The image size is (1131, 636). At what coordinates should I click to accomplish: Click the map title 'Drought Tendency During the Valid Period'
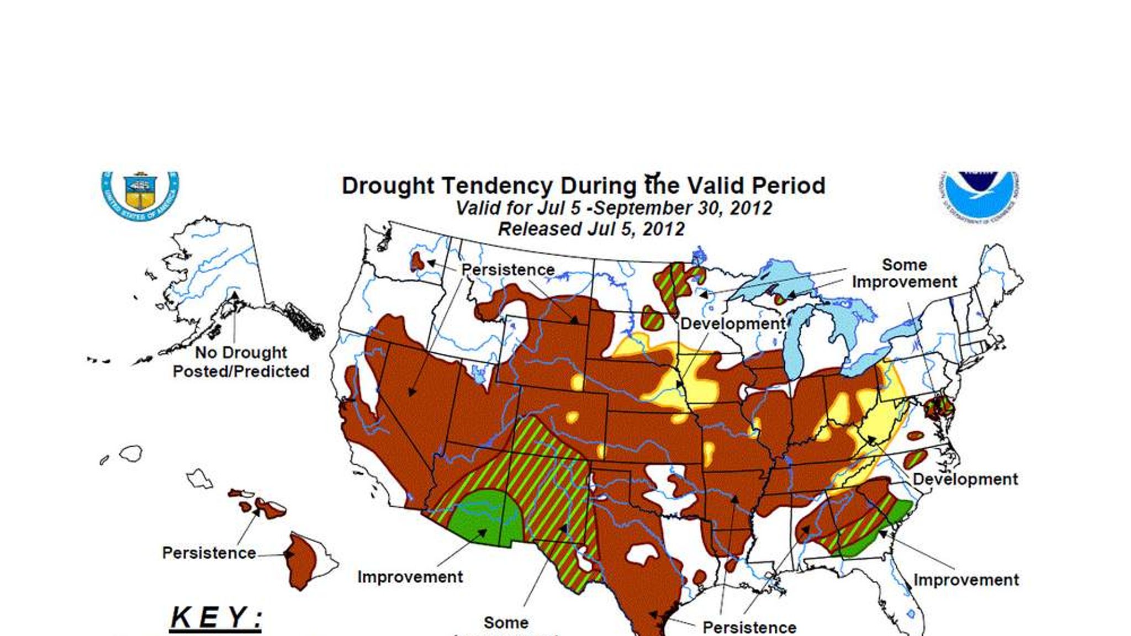[583, 185]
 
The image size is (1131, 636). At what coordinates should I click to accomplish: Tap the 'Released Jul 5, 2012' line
[591, 229]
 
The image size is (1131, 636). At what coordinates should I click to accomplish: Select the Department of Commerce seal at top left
[140, 194]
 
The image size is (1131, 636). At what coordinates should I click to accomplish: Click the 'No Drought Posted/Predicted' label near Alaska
[241, 362]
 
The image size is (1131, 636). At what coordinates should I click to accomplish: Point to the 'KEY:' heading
[216, 617]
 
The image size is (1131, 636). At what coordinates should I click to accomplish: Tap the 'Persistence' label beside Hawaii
[209, 553]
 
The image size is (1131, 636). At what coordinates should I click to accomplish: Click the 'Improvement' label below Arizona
[410, 577]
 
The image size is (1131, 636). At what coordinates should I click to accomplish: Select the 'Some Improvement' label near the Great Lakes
[904, 273]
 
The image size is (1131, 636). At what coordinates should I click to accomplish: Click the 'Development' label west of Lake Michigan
[732, 324]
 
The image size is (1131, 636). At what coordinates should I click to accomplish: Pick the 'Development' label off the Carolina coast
[965, 479]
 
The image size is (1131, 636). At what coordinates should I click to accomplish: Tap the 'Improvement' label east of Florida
[966, 580]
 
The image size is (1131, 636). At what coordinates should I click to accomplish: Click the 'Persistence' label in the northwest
[508, 270]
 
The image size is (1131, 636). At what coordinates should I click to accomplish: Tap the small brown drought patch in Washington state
[417, 261]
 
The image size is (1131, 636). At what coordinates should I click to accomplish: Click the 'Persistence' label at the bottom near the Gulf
[749, 627]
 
